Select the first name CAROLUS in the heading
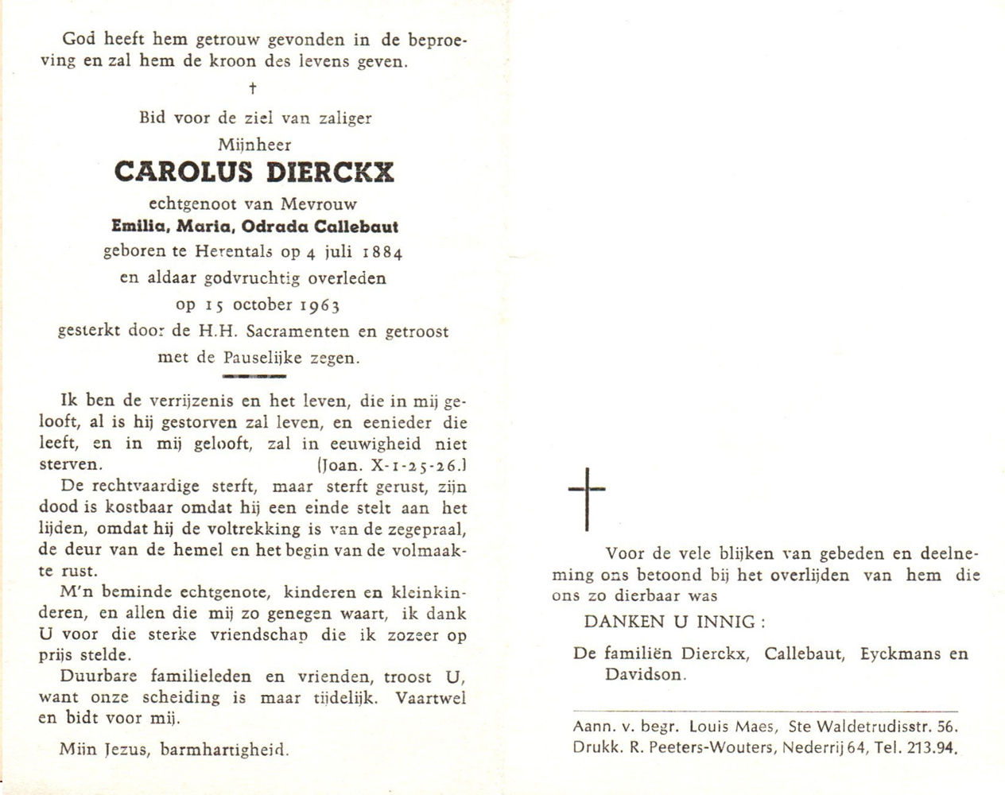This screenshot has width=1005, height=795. coord(184,173)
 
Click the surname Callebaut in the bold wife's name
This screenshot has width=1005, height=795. coord(356,227)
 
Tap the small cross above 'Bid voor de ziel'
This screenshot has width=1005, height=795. coord(253,88)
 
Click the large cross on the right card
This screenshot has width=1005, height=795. coord(587,498)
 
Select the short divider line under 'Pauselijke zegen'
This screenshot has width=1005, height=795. coord(254,375)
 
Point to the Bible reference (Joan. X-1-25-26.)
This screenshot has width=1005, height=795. coord(390,465)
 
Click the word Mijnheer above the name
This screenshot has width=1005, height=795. coord(254,145)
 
